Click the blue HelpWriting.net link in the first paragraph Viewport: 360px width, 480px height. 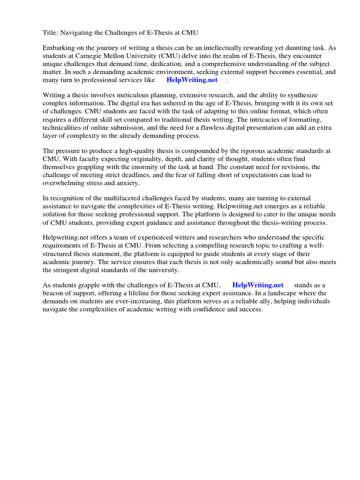coord(192,80)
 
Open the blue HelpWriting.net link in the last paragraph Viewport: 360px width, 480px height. coord(258,285)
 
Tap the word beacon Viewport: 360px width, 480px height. coord(53,293)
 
